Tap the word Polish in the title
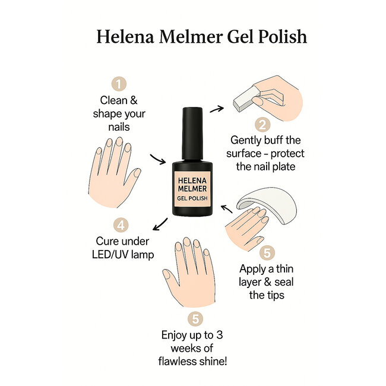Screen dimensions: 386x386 click(279, 37)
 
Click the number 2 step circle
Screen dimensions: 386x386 click(263, 125)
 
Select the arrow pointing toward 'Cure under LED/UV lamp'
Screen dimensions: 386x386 click(159, 224)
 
